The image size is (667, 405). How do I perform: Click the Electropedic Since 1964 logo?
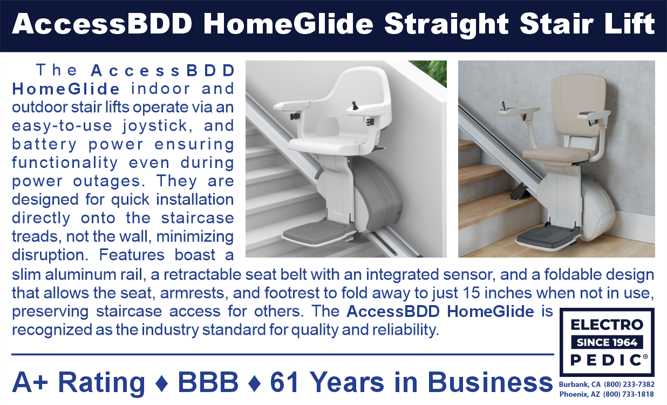pos(607,342)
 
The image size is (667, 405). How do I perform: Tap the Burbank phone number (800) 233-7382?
pos(629,384)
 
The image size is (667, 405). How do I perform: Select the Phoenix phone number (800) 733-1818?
pos(629,394)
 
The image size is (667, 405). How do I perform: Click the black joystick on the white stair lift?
pos(355,105)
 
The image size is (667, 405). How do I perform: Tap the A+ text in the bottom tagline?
pos(30,382)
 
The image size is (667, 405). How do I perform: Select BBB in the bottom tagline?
pos(208,382)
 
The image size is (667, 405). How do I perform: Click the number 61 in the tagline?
pos(284,382)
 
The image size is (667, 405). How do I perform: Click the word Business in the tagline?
pos(490,382)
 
